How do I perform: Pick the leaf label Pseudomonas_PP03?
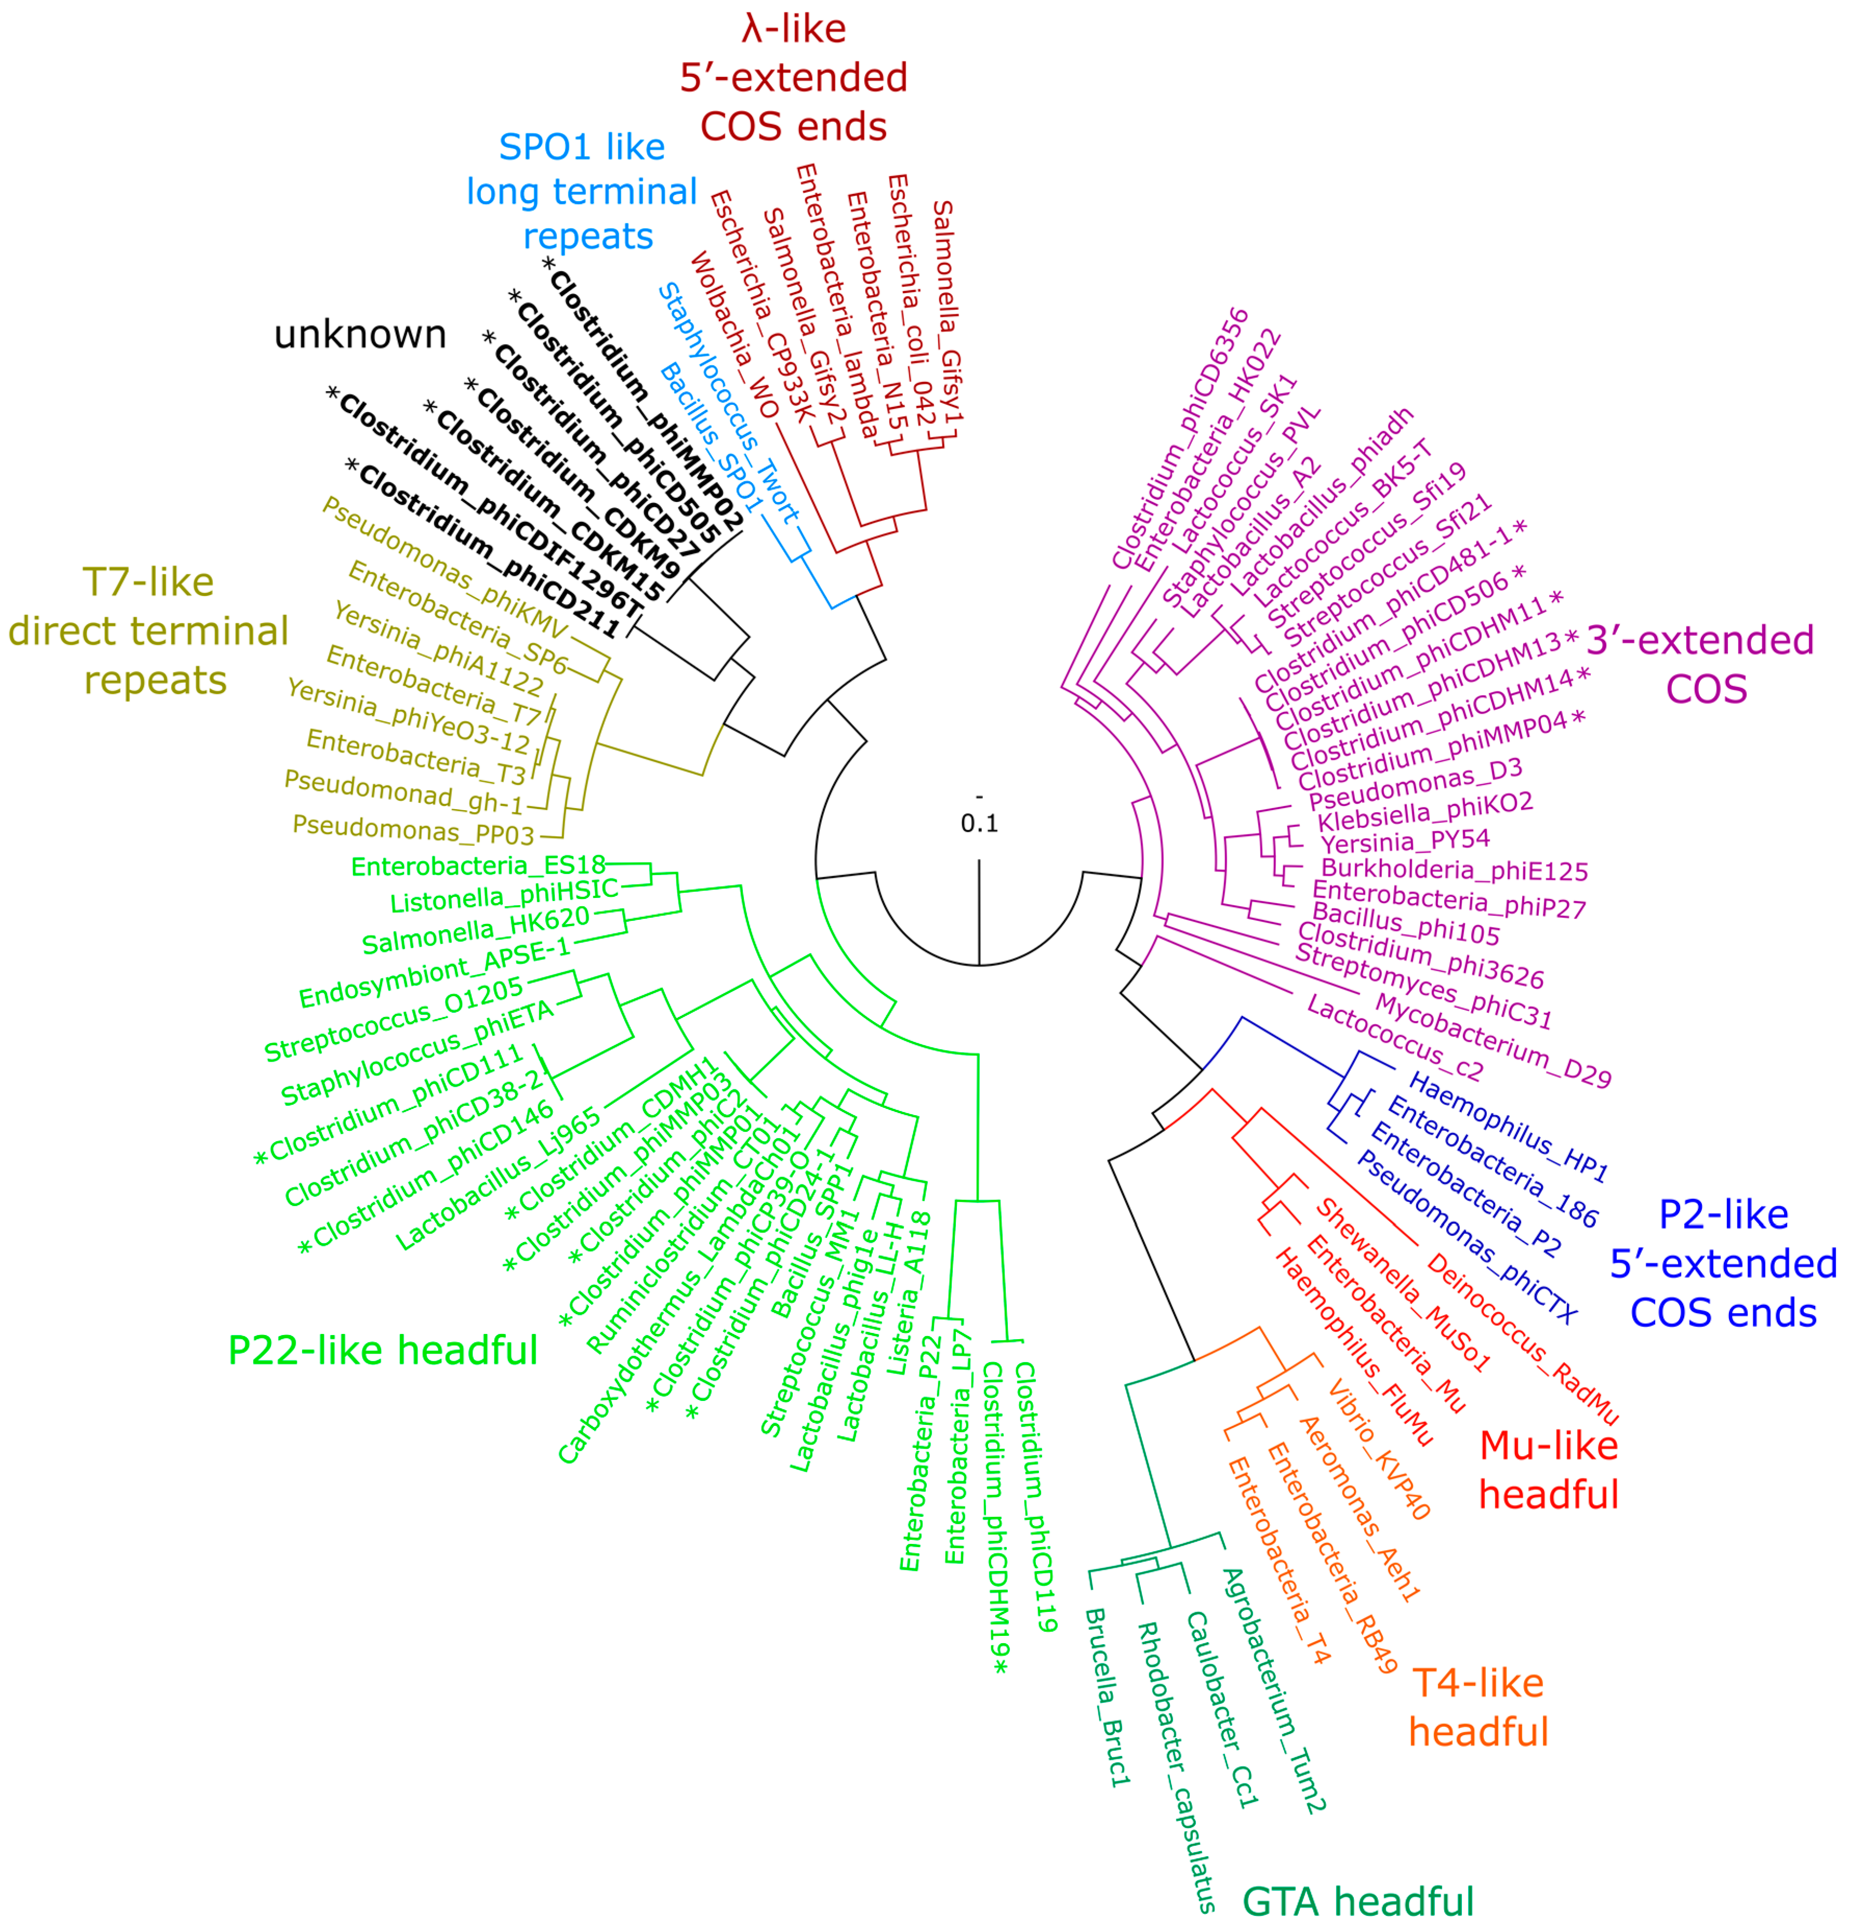(x=414, y=829)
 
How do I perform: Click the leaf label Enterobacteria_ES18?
(x=478, y=867)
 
